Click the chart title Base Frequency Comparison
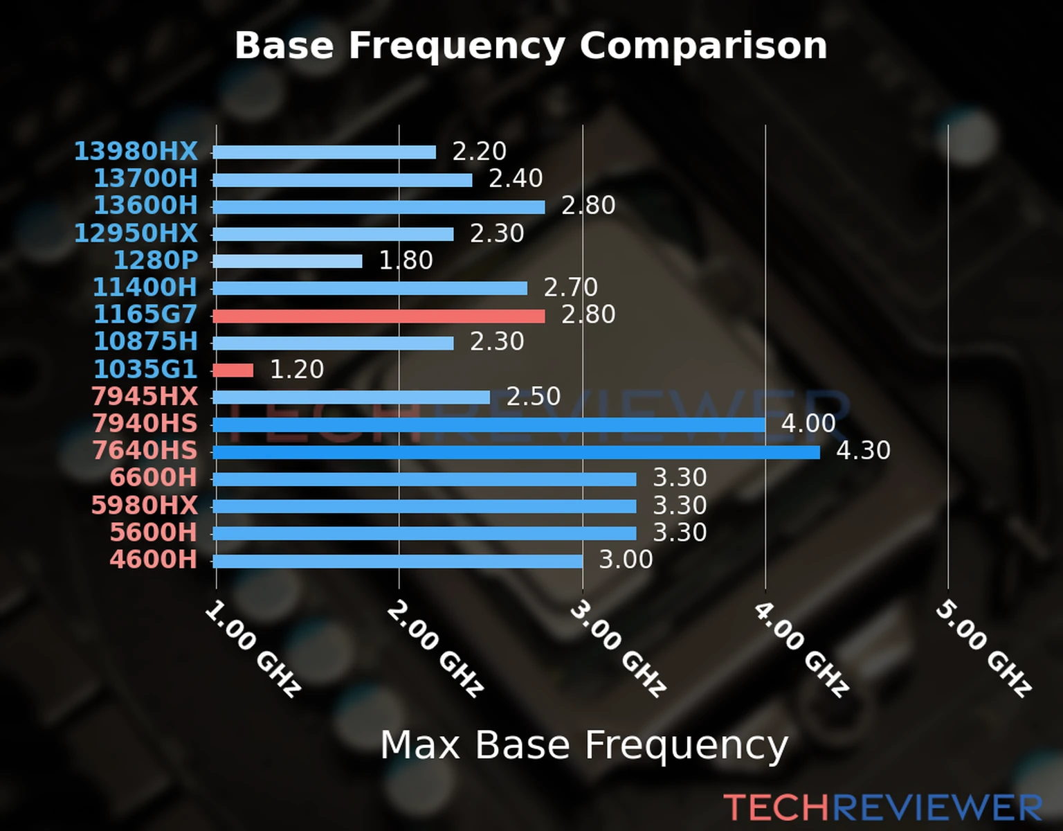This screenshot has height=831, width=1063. coord(531,46)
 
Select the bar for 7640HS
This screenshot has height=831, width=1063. coord(516,452)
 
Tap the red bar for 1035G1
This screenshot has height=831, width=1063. coord(233,370)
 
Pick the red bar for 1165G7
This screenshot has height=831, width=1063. coord(379,316)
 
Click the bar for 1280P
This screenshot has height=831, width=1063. coord(287,261)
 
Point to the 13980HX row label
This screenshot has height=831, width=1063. coord(136,151)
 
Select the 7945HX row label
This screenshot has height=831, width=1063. coord(145,396)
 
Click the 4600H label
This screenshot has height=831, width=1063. coord(154,560)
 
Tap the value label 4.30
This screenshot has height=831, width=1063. coord(863,451)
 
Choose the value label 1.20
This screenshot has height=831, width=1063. coord(296,369)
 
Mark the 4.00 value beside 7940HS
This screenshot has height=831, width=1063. coord(808,423)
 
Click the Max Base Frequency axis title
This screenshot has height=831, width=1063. coord(584,745)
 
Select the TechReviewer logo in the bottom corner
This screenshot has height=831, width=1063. coord(882,807)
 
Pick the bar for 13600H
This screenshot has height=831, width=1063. coord(379,207)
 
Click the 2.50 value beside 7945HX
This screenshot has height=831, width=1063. coord(533,397)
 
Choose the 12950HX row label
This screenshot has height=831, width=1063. coord(136,233)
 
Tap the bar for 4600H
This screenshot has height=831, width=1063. coord(398,561)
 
